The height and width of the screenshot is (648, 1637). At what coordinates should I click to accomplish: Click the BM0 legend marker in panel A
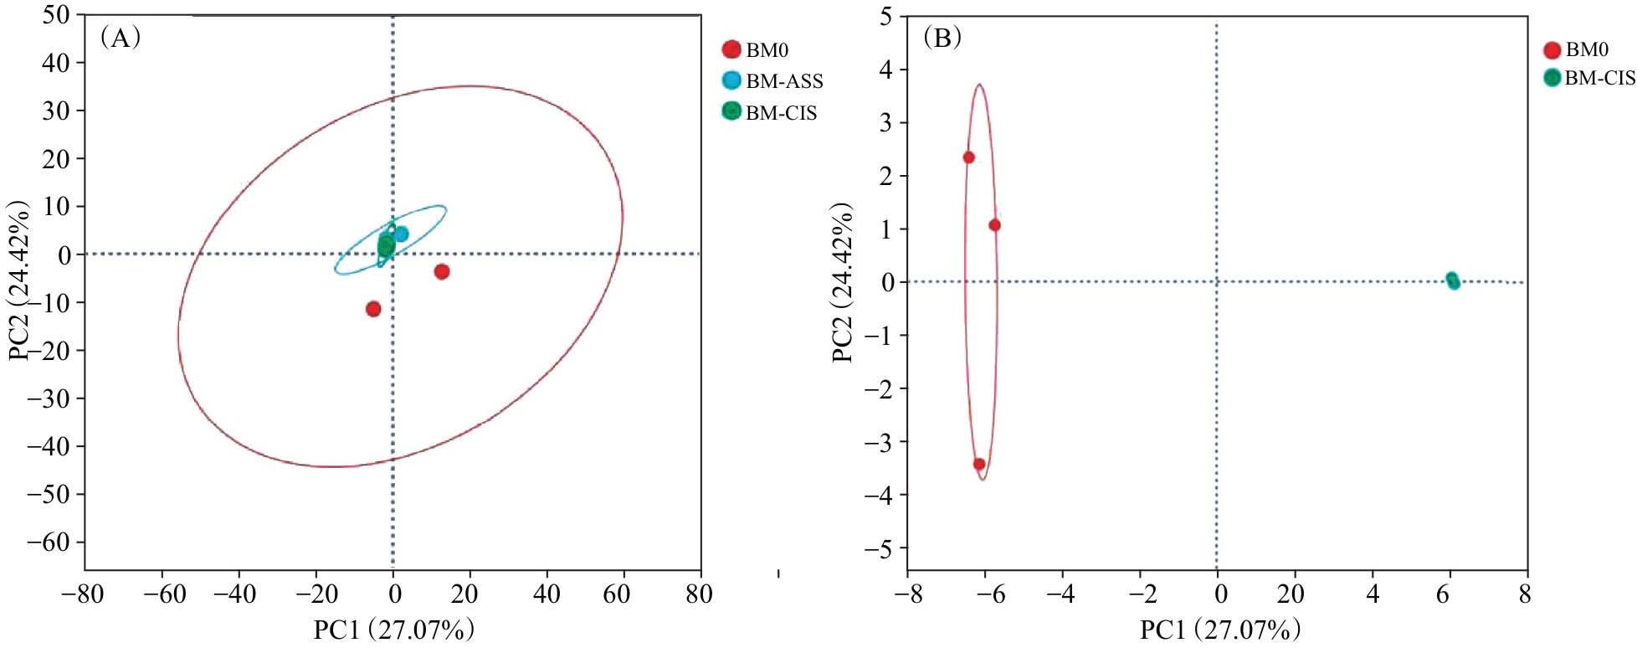coord(731,49)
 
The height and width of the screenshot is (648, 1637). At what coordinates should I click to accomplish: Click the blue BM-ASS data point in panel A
coord(401,234)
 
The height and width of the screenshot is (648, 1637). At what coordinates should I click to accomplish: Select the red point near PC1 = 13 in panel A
coord(442,271)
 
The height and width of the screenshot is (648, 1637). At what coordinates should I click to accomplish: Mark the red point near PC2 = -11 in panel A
coord(373,309)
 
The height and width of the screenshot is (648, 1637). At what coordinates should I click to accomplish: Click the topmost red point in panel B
coord(969,157)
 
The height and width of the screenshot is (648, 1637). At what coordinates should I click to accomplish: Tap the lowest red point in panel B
coord(979,464)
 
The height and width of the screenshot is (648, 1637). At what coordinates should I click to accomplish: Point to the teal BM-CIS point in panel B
coord(1452,280)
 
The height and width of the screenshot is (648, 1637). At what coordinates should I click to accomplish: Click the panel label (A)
coord(120,38)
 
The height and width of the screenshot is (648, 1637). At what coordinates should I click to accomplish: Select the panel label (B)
coord(942,38)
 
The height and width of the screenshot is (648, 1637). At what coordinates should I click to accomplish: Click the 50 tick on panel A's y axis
coord(57,16)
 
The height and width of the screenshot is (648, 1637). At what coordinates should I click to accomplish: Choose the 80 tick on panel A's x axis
coord(699,595)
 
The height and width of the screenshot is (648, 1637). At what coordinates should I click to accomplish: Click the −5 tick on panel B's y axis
coord(880,549)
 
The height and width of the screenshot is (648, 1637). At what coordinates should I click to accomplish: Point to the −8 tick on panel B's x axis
coord(907,595)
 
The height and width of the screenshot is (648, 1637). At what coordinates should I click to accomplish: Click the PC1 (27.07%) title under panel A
coord(394,630)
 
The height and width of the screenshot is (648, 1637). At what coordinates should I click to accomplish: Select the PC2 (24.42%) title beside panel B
coord(842,282)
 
